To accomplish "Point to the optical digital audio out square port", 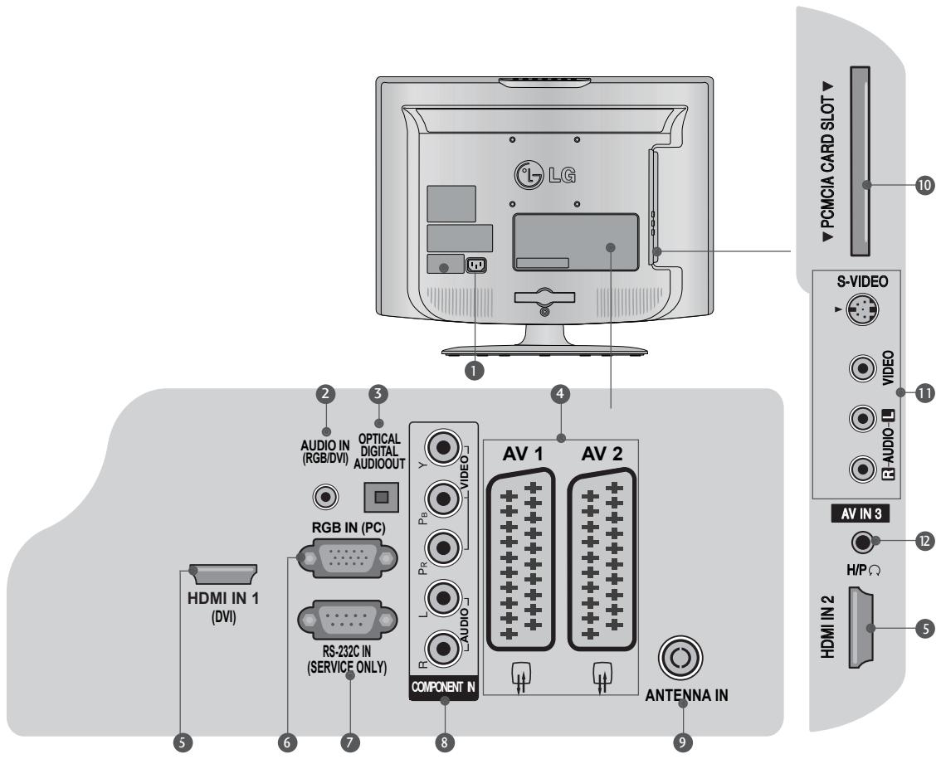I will click(380, 499).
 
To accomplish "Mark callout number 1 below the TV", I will click(475, 371).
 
